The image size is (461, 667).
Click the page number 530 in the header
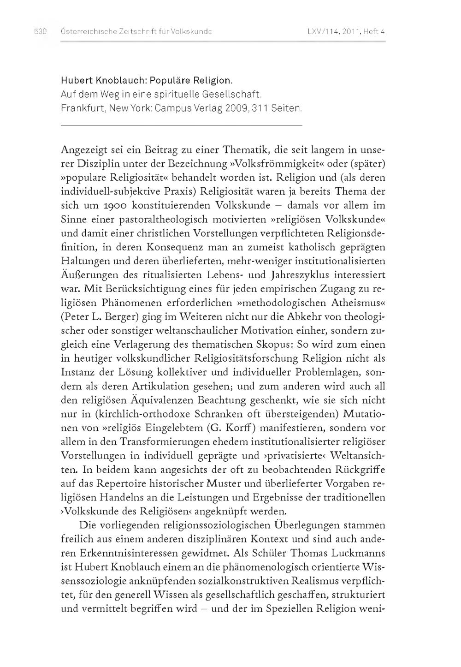pyautogui.click(x=41, y=32)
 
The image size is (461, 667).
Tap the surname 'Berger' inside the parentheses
pyautogui.click(x=120, y=316)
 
